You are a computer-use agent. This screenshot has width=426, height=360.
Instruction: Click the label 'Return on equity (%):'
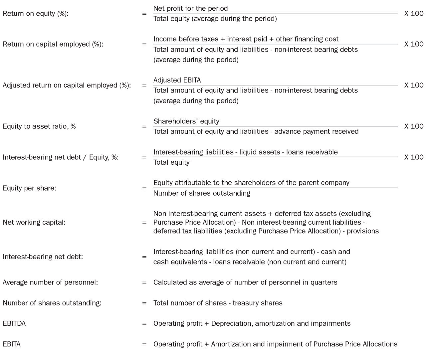36,14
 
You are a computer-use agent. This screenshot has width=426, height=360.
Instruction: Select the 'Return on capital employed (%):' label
53,44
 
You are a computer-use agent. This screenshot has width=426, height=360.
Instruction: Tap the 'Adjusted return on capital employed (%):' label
67,85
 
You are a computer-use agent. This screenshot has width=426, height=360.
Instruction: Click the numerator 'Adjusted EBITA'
177,80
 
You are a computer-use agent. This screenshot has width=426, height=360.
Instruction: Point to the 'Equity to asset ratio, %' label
39,126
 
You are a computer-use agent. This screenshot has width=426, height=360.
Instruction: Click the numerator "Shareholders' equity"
186,121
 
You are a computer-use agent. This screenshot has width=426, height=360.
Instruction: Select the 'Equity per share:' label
29,188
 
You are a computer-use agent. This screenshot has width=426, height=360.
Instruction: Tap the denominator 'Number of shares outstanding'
202,193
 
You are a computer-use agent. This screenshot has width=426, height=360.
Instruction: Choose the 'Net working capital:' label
34,222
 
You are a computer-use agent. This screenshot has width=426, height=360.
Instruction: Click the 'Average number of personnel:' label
50,282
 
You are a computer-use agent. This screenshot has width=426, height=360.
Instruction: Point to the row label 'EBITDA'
14,323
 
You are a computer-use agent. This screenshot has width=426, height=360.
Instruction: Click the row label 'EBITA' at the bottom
12,344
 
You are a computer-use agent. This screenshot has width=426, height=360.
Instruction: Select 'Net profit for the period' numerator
190,8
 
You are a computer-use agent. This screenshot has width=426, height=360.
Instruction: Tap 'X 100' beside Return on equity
414,14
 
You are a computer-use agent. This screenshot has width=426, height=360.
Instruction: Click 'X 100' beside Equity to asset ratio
414,126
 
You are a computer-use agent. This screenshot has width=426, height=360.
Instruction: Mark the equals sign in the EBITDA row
144,323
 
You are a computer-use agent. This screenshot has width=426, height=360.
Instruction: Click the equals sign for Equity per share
144,188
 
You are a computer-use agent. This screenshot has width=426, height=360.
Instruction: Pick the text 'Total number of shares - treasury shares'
218,303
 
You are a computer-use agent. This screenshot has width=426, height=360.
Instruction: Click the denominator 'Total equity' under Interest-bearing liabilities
171,162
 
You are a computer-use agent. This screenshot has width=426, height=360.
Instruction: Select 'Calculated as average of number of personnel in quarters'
245,282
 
